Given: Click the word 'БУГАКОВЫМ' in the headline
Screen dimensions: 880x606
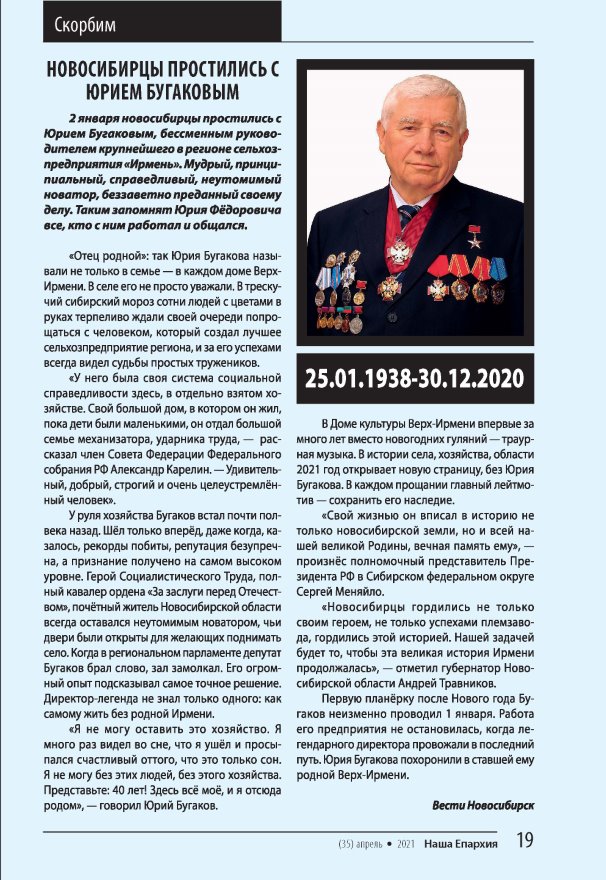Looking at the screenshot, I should point(190,94).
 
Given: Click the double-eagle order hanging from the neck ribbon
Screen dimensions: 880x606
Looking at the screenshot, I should point(400,250).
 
